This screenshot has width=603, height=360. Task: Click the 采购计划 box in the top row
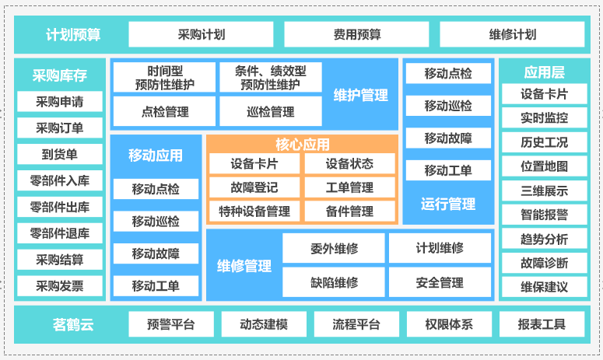(201, 34)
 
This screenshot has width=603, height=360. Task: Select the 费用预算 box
(356, 34)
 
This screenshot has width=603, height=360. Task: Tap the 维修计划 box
(512, 34)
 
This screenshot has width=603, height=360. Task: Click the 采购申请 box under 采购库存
(60, 102)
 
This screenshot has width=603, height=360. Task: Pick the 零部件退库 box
(60, 233)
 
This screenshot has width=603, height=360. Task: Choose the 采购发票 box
(60, 285)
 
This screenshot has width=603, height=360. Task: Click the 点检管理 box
(164, 111)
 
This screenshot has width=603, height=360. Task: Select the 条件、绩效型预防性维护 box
(270, 78)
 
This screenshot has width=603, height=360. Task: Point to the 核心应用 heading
(302, 145)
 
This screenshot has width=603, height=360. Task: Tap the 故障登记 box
(254, 187)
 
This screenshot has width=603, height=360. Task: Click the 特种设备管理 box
(254, 211)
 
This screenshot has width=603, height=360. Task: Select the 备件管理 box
(349, 211)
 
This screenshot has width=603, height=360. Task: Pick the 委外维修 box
(334, 248)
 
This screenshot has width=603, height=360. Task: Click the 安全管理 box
(440, 283)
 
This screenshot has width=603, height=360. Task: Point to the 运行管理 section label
(448, 204)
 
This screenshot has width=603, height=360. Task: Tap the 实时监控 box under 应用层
(545, 118)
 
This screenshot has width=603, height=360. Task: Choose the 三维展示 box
(545, 190)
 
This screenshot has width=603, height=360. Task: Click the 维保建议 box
(545, 287)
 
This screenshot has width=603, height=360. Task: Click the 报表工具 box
(542, 324)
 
